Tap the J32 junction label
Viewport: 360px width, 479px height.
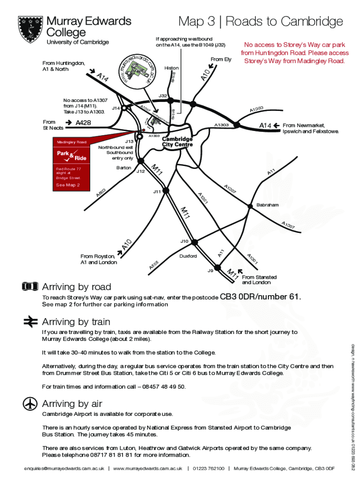(163, 95)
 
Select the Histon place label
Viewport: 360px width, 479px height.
(172, 68)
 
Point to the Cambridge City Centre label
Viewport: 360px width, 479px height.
(177, 142)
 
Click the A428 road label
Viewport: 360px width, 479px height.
(83, 123)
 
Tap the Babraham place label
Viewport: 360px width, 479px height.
(267, 205)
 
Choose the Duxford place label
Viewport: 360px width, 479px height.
(188, 256)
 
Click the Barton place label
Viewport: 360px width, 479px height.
(123, 167)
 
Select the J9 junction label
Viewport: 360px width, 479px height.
(210, 270)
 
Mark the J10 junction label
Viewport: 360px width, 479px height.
(184, 241)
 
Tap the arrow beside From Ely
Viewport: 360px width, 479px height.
(211, 66)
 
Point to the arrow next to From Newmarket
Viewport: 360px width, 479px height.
(277, 125)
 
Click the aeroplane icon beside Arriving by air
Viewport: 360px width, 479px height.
(30, 403)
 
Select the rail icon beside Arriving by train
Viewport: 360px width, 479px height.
(30, 321)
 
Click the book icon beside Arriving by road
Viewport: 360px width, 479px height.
(29, 286)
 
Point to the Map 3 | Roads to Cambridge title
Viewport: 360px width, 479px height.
(260, 22)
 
